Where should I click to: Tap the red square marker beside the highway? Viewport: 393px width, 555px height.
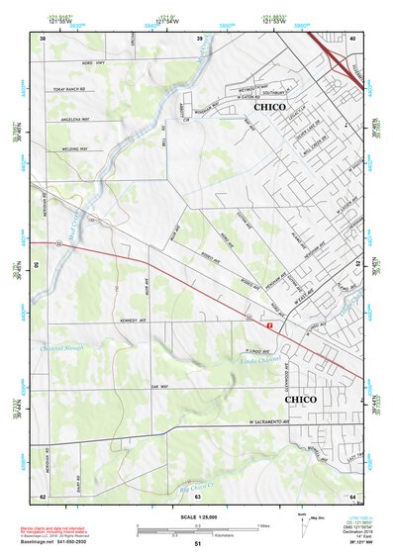[x=268, y=324]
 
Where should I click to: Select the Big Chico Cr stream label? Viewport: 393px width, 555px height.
[x=204, y=485]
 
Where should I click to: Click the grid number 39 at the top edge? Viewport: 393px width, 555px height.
[x=200, y=38]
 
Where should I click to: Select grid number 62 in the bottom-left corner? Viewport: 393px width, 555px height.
[x=42, y=496]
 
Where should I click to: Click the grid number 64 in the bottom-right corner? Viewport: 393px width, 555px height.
[x=352, y=496]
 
